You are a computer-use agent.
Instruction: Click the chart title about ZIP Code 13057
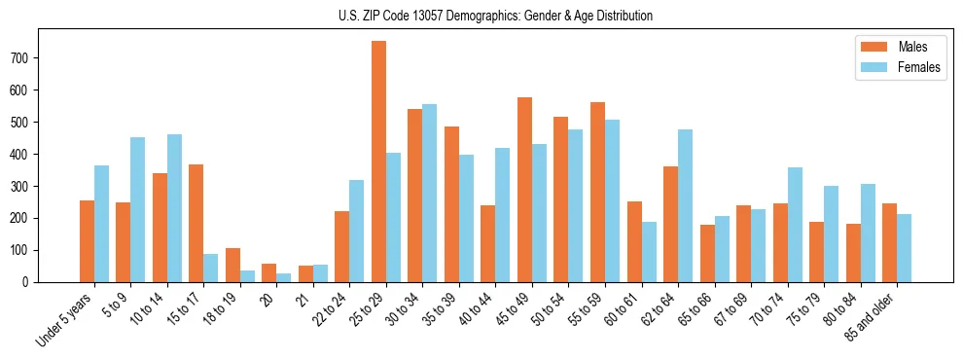[x=481, y=16]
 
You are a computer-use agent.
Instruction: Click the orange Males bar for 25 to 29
[x=378, y=162]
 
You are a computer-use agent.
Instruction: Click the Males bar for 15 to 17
[x=196, y=223]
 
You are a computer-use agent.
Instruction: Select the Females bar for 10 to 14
[x=174, y=208]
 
